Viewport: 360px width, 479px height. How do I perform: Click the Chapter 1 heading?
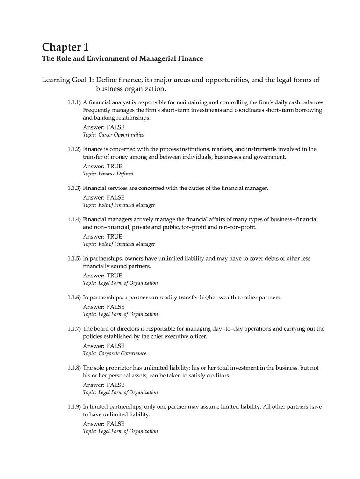pos(65,47)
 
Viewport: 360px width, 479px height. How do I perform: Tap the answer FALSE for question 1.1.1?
pos(115,127)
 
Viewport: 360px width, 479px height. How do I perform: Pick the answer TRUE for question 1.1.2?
pos(115,166)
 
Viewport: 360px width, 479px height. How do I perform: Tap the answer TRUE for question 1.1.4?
pos(115,236)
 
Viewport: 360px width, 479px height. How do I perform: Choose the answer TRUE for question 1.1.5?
pos(115,276)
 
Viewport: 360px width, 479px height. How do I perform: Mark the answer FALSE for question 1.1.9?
pos(115,424)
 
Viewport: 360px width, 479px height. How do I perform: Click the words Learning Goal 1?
pos(68,80)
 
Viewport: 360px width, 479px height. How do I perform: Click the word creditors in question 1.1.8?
pos(218,376)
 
